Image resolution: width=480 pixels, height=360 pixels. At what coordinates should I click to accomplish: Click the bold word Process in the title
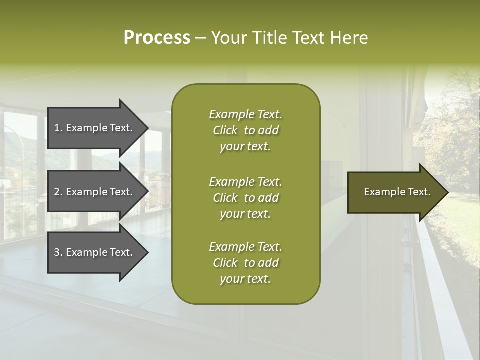pos(157,38)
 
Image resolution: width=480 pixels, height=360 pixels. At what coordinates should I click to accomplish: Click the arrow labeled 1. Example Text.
pos(95,128)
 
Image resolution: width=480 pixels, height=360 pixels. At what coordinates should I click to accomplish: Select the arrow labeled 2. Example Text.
pos(95,192)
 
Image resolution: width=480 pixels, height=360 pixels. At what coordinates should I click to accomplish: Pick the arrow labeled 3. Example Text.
pos(95,252)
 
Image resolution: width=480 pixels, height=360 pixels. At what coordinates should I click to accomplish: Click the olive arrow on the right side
pos(395,192)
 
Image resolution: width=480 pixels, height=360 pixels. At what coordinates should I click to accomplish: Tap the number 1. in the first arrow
pos(58,128)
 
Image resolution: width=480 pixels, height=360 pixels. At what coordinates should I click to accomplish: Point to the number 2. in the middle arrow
pos(58,192)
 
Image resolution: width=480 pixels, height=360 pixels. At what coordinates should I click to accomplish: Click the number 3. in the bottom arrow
pos(58,252)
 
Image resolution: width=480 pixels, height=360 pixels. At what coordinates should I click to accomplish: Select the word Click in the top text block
pos(225,131)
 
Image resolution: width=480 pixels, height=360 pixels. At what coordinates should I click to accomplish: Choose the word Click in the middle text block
pos(225,198)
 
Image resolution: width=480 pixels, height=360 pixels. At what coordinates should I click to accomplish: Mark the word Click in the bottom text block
pos(225,263)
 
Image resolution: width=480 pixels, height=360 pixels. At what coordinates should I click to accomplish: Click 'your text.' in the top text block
pos(245,147)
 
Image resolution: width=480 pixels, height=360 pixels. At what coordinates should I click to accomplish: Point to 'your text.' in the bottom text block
pos(245,279)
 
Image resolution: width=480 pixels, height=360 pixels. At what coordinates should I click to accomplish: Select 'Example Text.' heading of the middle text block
pos(245,182)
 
